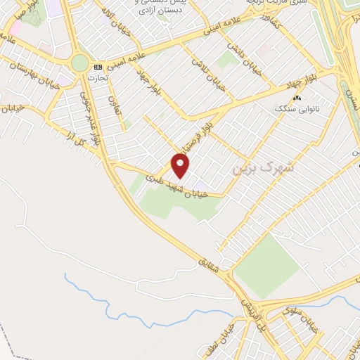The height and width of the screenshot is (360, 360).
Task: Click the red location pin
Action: (x=181, y=166)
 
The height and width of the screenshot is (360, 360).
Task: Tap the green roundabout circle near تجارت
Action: (x=80, y=63)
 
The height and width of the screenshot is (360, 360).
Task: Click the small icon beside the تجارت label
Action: (x=97, y=66)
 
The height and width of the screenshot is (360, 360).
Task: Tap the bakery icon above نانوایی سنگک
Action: (x=297, y=98)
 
